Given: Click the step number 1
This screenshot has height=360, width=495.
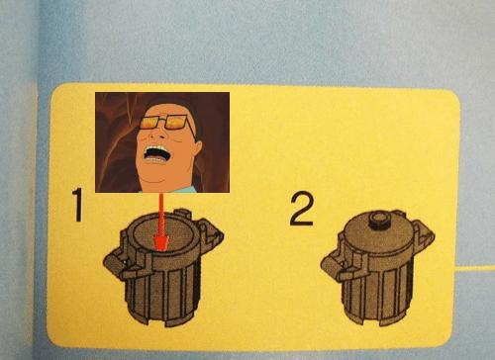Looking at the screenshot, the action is click(77, 205).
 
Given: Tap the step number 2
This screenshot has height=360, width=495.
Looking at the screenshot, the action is click(302, 209).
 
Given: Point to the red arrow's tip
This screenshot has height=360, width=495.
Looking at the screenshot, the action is click(161, 250).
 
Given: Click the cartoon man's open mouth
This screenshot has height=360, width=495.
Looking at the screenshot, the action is click(156, 154).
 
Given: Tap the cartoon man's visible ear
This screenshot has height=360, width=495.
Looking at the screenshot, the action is click(197, 149).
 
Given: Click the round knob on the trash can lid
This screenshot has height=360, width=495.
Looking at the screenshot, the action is click(379, 221).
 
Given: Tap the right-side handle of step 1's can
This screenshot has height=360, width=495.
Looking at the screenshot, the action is click(211, 234).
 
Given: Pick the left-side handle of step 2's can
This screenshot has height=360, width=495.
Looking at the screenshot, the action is click(334, 264).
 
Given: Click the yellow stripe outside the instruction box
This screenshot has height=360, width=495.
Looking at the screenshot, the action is click(475, 269).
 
